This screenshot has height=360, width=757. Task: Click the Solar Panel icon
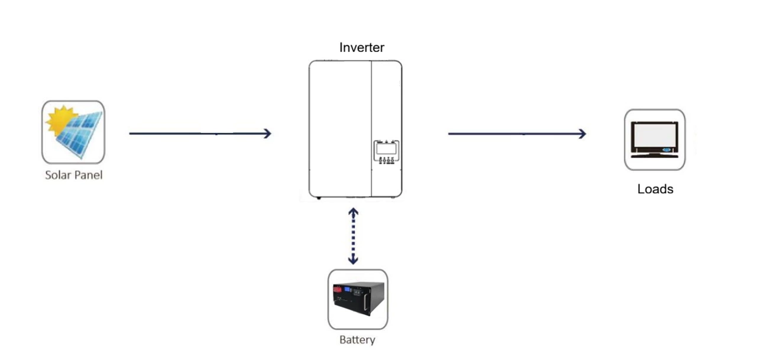73,132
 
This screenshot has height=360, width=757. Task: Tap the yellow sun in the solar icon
59,121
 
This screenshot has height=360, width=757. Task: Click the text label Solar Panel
73,175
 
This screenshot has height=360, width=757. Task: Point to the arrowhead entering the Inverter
267,134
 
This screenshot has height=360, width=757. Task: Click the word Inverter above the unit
361,47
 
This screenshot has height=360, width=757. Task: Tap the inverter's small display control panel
386,151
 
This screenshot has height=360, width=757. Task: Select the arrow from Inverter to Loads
515,134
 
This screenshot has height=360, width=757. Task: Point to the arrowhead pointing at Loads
582,134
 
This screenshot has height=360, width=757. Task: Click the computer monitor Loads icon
655,140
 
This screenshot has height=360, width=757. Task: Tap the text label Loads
655,189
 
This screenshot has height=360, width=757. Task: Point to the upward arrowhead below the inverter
353,212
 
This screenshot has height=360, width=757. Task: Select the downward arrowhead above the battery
353,260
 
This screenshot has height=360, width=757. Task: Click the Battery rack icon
358,299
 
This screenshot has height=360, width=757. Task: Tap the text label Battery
357,340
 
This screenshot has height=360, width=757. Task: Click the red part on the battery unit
338,290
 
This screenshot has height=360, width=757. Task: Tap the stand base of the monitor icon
654,155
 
